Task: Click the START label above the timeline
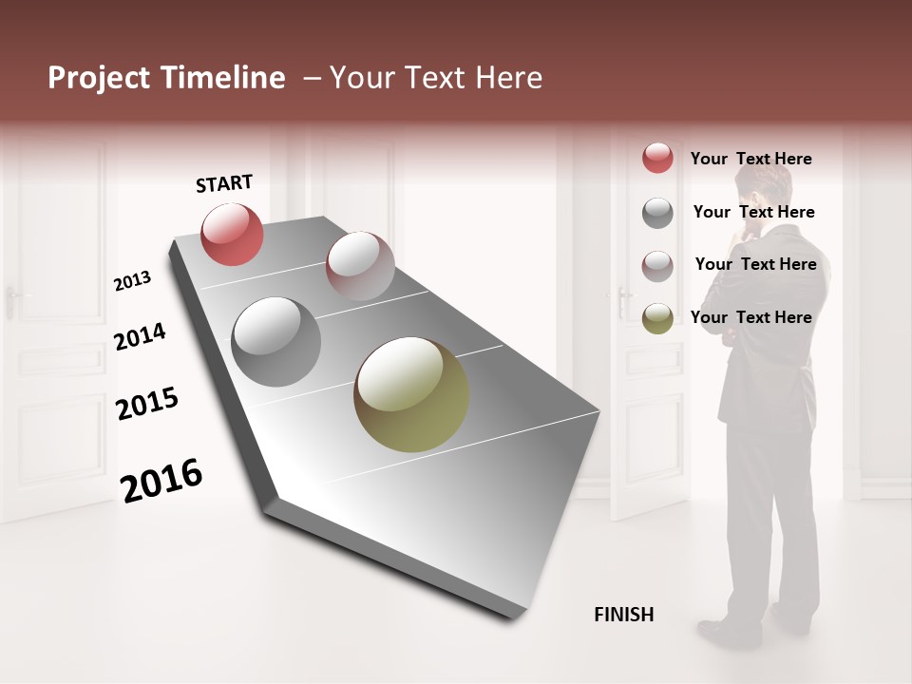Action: [x=224, y=183]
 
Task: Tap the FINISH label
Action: [x=623, y=615]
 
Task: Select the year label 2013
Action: [x=132, y=281]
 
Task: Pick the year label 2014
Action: [x=140, y=336]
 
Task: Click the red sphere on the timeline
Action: [x=232, y=234]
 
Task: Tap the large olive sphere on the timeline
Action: [x=411, y=394]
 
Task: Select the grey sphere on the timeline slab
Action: [x=275, y=341]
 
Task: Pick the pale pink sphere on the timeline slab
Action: [x=359, y=266]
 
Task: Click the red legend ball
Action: [x=657, y=159]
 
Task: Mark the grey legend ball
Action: [x=657, y=213]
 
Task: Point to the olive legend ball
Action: [x=657, y=318]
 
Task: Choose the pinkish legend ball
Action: [x=657, y=266]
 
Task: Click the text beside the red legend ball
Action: [x=750, y=159]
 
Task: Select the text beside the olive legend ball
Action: [x=750, y=317]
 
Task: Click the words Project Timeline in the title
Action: [x=166, y=78]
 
